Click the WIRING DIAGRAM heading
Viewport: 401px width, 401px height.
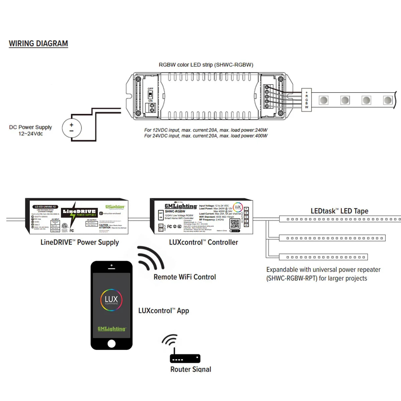pos(38,44)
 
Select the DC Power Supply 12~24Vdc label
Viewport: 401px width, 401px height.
pos(30,130)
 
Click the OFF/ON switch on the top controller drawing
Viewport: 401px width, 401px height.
pos(150,95)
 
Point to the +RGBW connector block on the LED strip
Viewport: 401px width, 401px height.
pos(306,100)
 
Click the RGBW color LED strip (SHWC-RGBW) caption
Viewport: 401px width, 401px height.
pos(206,65)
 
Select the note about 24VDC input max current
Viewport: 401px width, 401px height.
pos(206,136)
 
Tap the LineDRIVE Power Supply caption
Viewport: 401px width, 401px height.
pos(80,243)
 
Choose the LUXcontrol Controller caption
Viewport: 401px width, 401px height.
pos(204,243)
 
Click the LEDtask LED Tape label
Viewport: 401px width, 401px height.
pos(339,211)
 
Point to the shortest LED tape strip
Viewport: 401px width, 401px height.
pos(323,257)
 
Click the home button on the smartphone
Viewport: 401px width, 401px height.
pos(112,344)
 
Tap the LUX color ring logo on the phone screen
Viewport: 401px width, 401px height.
pos(111,300)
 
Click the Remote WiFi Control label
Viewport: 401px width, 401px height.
pos(184,277)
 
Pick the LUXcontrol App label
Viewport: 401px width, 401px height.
pos(164,311)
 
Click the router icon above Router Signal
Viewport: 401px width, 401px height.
pos(185,358)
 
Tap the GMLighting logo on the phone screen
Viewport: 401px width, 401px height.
pos(112,329)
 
